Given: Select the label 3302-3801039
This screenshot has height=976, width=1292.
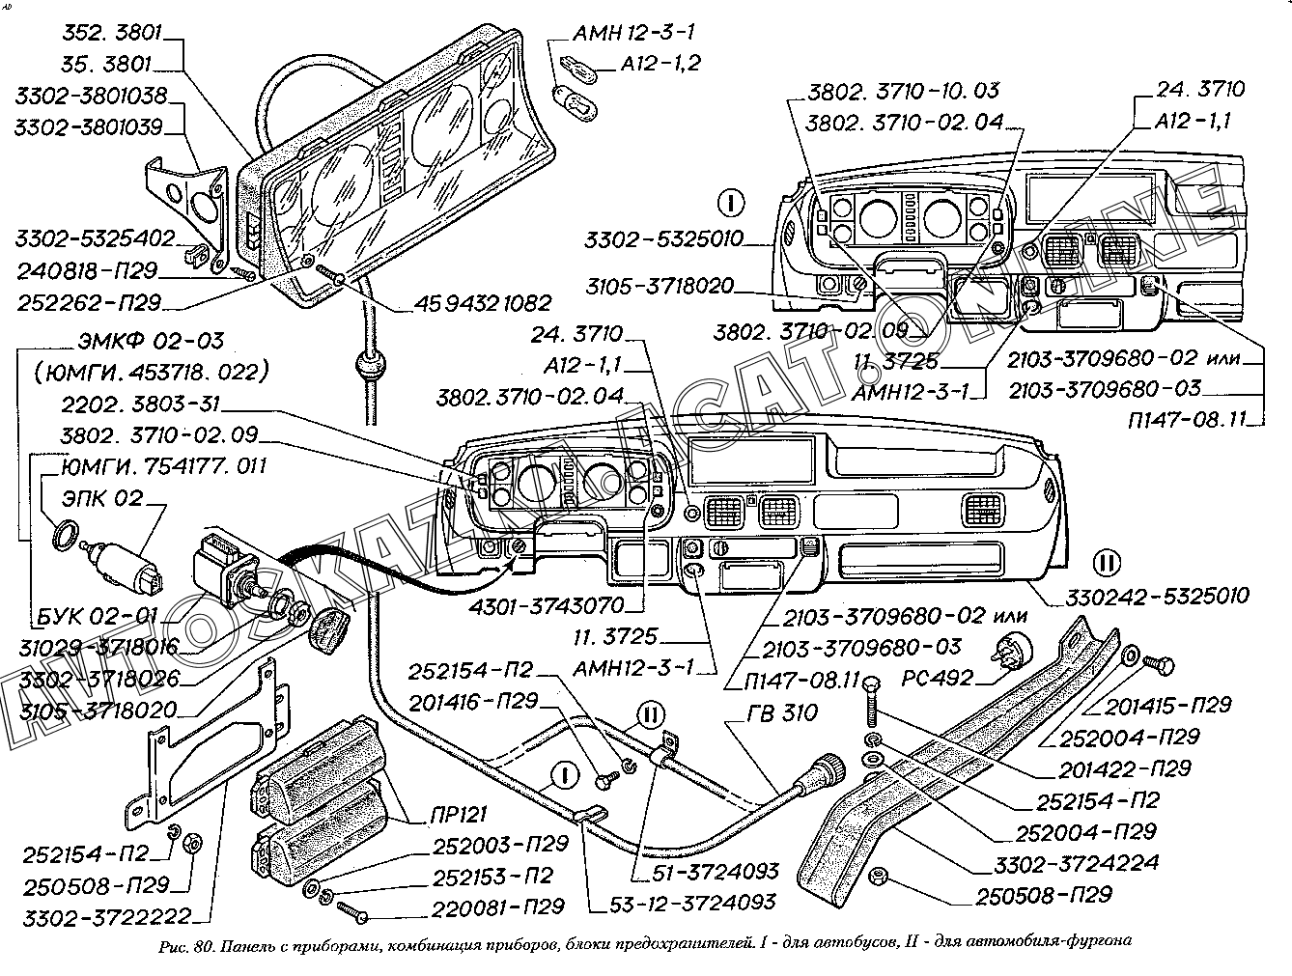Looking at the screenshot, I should pos(89,126).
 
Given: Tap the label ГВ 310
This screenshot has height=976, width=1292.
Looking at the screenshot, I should pos(781,713).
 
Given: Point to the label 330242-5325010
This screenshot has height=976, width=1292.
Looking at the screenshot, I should pos(1156,596).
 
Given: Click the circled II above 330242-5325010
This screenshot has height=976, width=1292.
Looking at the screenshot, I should pos(1108,563).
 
